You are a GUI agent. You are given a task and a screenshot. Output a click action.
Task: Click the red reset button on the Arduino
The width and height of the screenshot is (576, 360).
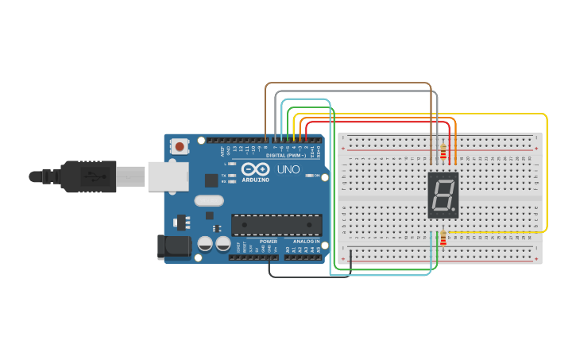coord(180,146)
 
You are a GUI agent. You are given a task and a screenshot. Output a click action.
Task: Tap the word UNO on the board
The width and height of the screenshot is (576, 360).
coord(284,168)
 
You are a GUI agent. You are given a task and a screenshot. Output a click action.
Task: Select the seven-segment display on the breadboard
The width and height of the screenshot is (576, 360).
coord(443,195)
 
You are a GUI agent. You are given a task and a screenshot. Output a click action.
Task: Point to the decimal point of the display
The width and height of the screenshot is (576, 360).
coord(456,212)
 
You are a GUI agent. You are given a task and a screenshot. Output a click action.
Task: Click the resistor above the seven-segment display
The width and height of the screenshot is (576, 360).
coord(443,149)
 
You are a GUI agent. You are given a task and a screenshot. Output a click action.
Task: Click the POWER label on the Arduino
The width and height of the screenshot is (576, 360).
coord(269,242)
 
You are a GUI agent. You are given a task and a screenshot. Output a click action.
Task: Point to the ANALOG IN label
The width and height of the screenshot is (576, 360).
coord(305,242)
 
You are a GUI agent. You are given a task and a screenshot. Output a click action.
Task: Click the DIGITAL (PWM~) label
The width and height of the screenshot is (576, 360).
coord(287,156)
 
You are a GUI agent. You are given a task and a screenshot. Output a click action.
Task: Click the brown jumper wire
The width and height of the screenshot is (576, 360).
coord(350,83)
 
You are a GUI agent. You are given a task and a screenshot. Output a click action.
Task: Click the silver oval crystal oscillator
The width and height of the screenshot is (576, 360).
coord(208,202)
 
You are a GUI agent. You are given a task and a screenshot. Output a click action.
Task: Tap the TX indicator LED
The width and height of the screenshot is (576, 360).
coord(231,175)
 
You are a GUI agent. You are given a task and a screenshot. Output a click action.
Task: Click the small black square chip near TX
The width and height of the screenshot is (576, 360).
coord(211,180)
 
